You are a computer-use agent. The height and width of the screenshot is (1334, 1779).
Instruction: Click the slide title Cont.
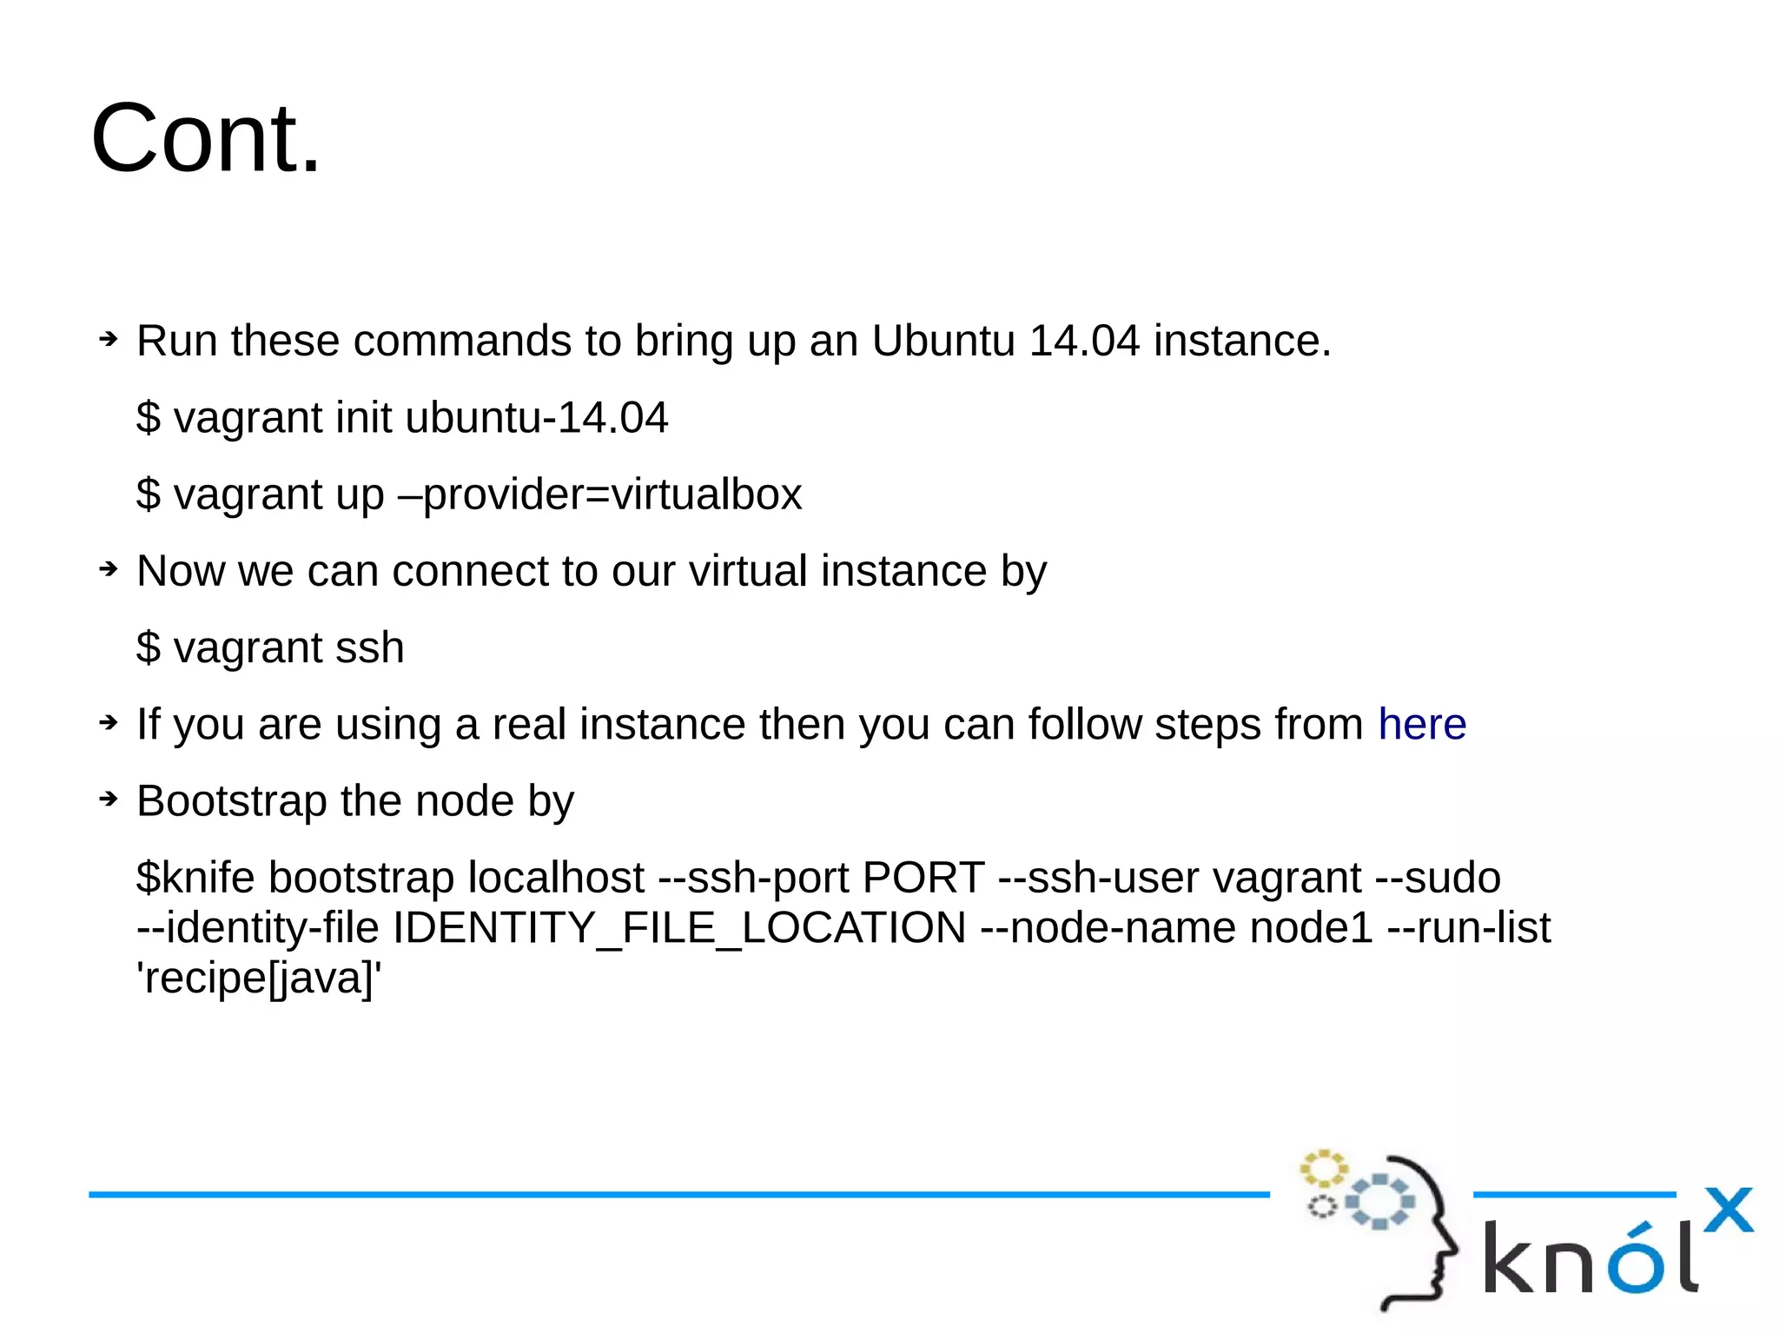coord(206,139)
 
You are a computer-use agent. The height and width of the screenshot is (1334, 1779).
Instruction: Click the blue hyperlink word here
coord(1422,724)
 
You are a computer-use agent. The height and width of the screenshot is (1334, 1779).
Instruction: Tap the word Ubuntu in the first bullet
coord(943,341)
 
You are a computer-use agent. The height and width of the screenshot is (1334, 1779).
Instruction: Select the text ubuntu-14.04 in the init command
coord(536,418)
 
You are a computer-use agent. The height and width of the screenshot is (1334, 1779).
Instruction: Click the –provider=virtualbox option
coord(599,494)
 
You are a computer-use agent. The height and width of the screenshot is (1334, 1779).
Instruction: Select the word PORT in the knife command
coord(923,878)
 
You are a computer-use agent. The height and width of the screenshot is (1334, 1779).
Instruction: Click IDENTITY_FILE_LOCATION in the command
coord(679,928)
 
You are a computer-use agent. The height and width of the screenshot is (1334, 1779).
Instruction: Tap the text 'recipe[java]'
coord(259,979)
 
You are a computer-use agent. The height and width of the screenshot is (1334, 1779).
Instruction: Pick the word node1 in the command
coord(1312,928)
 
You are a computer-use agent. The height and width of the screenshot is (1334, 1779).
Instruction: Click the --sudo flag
coord(1438,878)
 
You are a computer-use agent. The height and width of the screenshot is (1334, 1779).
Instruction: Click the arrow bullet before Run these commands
coord(108,339)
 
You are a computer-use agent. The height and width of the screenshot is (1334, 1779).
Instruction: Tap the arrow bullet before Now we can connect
coord(108,569)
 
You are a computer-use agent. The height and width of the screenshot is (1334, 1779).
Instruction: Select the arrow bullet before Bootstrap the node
coord(108,799)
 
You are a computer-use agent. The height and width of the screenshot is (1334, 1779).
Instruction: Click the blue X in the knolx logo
coord(1728,1210)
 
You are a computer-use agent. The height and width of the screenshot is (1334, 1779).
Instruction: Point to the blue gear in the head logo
coord(1379,1202)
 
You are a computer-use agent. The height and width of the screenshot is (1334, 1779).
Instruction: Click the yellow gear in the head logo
coord(1323,1169)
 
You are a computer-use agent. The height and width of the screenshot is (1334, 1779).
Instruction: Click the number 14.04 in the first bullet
coord(1083,341)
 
